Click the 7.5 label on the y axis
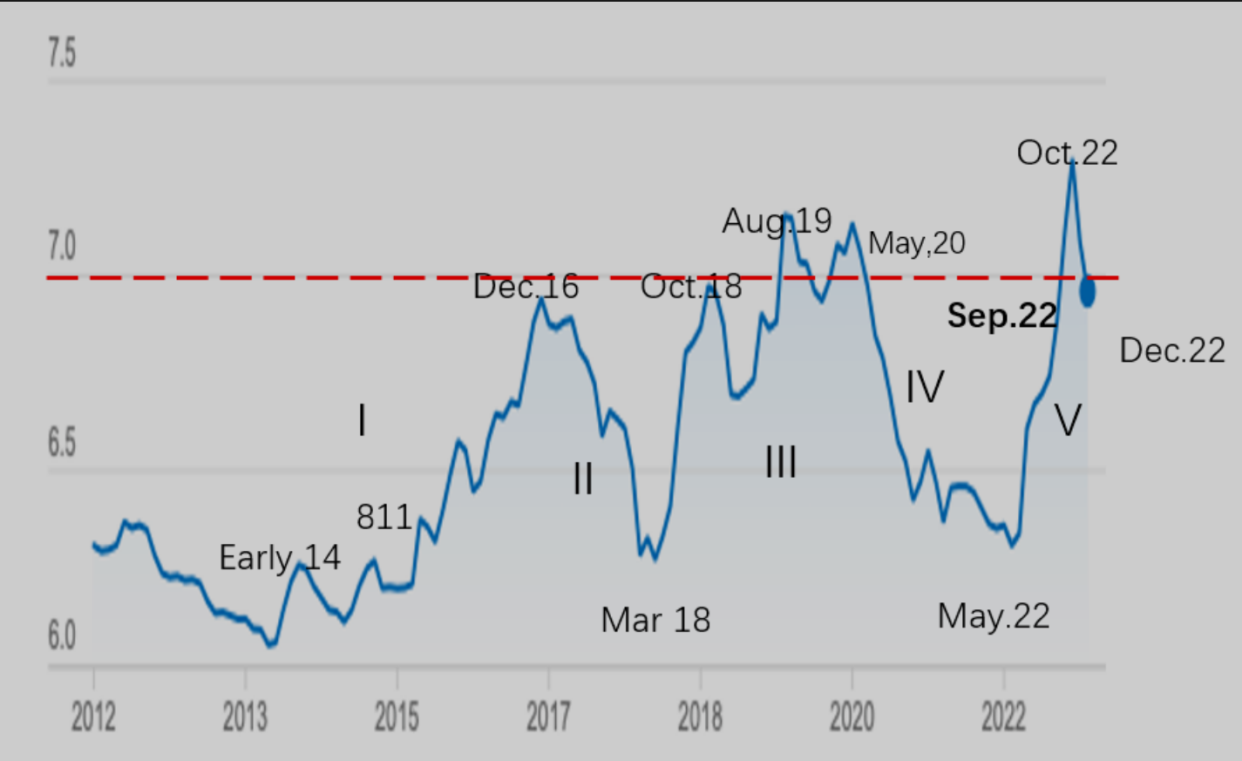pos(62,53)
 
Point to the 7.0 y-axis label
pos(62,247)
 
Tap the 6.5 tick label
pos(62,443)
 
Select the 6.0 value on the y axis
pos(62,636)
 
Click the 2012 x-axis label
pos(93,717)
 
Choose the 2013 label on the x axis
pos(245,717)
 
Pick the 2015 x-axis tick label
pos(397,717)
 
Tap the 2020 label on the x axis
pos(852,717)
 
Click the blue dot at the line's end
pos(1088,291)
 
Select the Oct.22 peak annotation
pos(1067,153)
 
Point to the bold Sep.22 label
pos(1002,316)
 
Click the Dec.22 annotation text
pos(1172,350)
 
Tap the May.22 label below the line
pos(994,616)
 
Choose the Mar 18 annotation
pos(655,621)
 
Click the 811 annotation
pos(383,518)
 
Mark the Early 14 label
pos(280,558)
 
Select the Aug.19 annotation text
pos(777,221)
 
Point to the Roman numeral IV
pos(925,387)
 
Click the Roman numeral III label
pos(781,462)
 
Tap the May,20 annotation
pos(917,243)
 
